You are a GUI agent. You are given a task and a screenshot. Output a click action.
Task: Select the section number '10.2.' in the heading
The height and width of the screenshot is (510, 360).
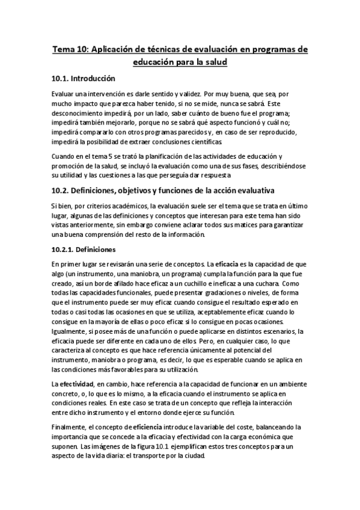[61, 191]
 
